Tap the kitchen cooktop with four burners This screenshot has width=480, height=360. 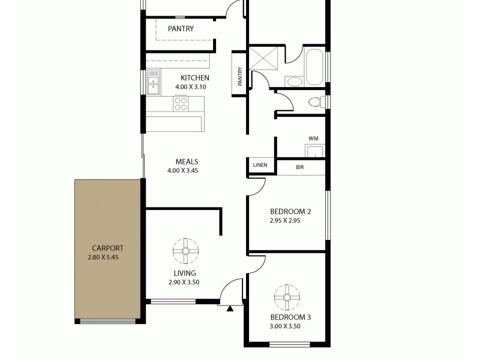(x=180, y=103)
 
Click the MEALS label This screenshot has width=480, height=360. (x=187, y=161)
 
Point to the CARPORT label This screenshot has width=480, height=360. (x=107, y=248)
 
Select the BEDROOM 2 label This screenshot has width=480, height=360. (x=290, y=211)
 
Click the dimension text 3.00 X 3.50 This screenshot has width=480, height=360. (x=285, y=326)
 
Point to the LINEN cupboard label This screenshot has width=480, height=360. (x=260, y=166)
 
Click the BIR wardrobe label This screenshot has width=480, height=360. (x=300, y=167)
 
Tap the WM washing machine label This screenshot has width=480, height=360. (x=313, y=139)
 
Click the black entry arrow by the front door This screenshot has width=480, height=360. (x=230, y=310)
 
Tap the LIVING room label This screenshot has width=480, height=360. (x=184, y=273)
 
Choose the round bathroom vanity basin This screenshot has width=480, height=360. (x=294, y=82)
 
